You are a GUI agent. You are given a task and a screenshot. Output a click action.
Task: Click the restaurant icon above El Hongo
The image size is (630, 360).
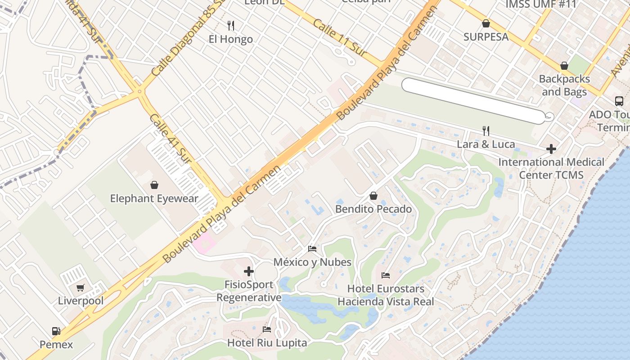tap(231, 25)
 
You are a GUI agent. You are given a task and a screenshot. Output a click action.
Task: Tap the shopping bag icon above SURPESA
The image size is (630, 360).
tap(486, 23)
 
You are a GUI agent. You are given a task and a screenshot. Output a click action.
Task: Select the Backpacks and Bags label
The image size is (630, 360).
tap(564, 85)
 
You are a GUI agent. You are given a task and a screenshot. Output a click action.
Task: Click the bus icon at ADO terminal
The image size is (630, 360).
tap(619, 101)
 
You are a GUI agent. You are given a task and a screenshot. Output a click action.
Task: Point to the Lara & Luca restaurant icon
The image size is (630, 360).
tap(486, 131)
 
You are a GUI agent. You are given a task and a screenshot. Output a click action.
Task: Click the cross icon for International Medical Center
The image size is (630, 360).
tap(551, 148)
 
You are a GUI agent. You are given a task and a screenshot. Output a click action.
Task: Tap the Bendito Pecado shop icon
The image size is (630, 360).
tap(373, 196)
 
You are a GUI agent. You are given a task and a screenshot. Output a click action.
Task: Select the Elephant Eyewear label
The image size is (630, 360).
tap(154, 198)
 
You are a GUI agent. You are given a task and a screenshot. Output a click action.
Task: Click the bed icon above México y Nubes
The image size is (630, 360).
tap(312, 248)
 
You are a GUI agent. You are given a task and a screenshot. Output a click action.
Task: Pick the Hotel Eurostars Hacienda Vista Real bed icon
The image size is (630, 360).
tap(386, 275)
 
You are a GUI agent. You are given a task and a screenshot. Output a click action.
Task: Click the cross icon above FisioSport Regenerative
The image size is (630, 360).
tap(249, 271)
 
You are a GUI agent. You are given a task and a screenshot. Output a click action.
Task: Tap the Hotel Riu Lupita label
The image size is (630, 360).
tap(267, 343)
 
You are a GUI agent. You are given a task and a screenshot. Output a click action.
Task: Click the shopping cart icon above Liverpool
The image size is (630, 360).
tap(81, 288)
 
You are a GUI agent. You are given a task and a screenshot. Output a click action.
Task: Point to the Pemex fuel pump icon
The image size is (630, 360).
tap(56, 331)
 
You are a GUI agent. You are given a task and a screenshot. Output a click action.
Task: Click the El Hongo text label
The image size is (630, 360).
tap(231, 39)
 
